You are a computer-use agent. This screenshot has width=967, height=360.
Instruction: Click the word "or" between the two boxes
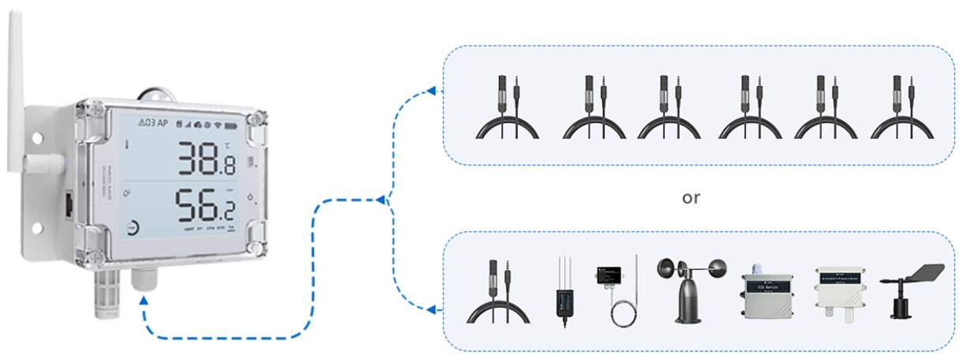pos(691,197)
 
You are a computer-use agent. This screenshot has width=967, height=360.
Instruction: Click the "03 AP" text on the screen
pos(152,122)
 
